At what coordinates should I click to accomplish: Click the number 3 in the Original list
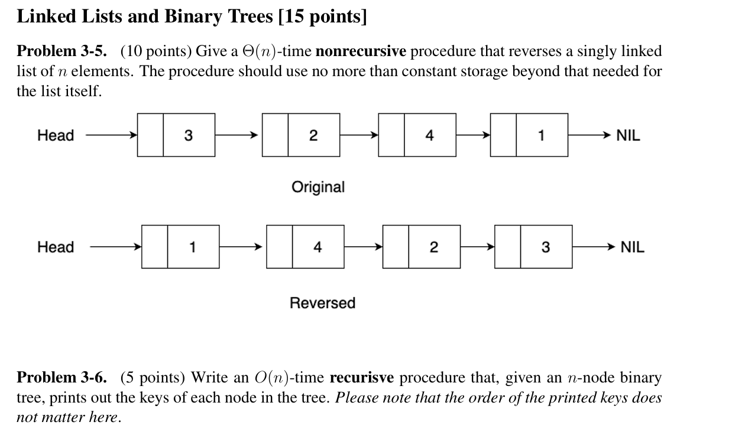[x=188, y=136]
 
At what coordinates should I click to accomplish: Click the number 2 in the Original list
[x=313, y=136]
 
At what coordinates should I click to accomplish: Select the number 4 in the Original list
[x=429, y=136]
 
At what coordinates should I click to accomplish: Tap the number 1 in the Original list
[x=541, y=136]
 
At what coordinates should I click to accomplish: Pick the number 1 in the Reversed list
[x=192, y=247]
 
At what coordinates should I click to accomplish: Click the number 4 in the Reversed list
[x=318, y=247]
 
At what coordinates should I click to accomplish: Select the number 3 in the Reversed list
[x=545, y=247]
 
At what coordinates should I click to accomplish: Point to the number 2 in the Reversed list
[x=433, y=247]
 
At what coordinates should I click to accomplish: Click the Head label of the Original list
[x=56, y=136]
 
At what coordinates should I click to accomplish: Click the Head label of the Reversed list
[x=56, y=247]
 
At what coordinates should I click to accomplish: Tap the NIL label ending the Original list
[x=628, y=136]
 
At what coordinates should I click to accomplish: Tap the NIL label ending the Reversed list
[x=632, y=247]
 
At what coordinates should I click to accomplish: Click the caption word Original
[x=318, y=187]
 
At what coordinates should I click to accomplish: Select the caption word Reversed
[x=322, y=303]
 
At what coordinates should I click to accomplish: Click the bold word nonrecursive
[x=361, y=51]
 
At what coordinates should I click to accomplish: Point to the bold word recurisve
[x=361, y=378]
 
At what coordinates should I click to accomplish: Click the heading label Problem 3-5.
[x=62, y=51]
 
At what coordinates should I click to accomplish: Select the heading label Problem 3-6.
[x=62, y=378]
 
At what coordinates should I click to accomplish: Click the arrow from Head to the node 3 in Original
[x=111, y=136]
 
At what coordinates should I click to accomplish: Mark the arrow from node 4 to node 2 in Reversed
[x=363, y=247]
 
